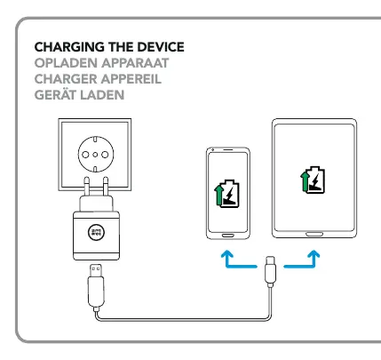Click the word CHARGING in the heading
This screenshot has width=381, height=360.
coord(69,47)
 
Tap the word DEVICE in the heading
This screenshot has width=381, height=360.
coord(161,47)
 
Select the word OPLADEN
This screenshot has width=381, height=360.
coord(66,63)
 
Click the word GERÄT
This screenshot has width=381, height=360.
coord(55,94)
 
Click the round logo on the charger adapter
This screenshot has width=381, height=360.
coord(96,232)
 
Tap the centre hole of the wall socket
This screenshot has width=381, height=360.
coord(95,155)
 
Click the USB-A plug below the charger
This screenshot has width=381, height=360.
coord(96,285)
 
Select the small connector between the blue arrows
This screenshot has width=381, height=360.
coord(270,271)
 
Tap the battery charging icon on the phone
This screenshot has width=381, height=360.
coord(226,194)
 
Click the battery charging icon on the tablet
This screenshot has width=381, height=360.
coord(313,180)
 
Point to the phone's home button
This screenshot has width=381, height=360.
coord(228,236)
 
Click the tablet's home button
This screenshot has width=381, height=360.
coord(314,234)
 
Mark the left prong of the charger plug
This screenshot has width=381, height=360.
coord(86,187)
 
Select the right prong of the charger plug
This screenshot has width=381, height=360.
coord(106,187)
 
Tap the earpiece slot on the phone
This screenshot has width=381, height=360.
coord(228,150)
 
